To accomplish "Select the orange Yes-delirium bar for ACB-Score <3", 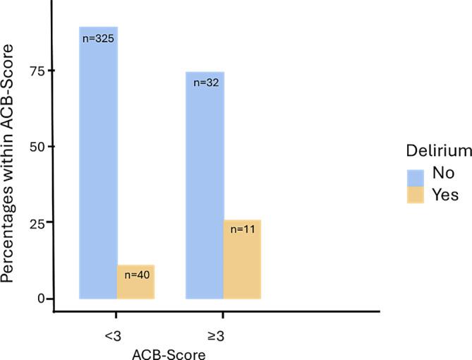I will [135, 282].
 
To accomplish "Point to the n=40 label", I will [135, 275].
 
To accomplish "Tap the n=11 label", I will [242, 229].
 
